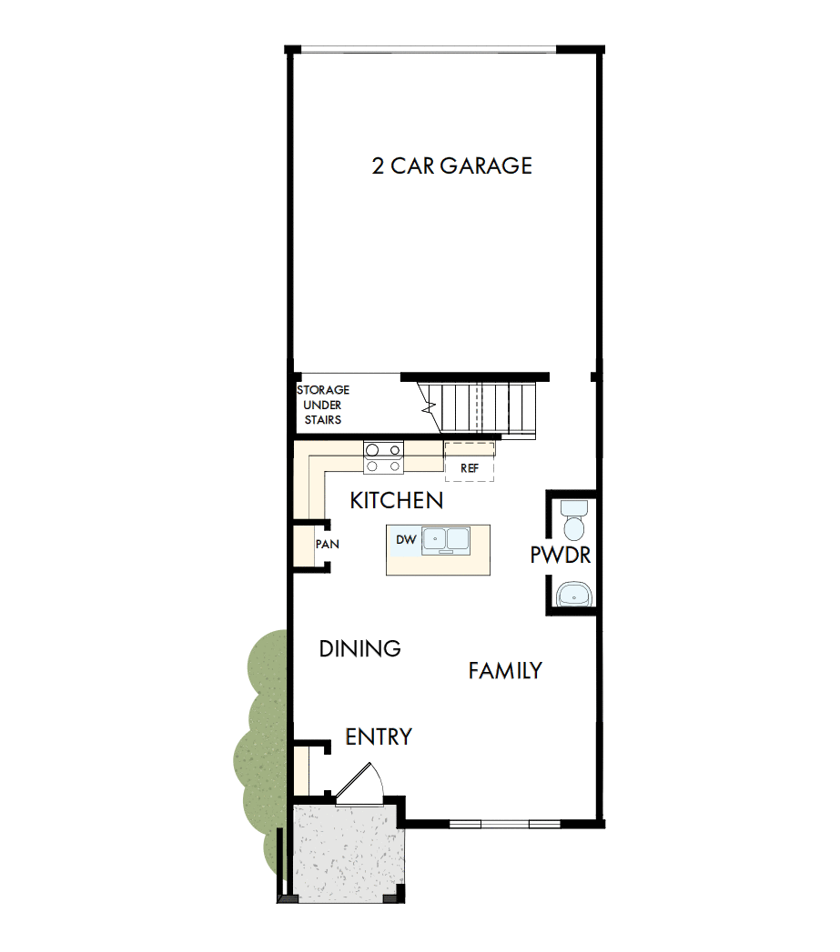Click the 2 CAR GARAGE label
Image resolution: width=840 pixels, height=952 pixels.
(451, 165)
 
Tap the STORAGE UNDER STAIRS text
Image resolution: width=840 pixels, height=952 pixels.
(323, 405)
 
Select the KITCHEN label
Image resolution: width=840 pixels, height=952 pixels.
(397, 500)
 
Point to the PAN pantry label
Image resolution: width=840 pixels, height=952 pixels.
(327, 545)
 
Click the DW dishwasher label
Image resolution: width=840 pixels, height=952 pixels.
(406, 540)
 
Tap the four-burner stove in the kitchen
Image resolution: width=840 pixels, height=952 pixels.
(383, 456)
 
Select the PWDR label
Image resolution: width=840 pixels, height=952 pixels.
(561, 555)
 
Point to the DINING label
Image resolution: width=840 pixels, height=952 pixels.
(360, 648)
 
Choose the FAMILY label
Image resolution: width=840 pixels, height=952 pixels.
(505, 671)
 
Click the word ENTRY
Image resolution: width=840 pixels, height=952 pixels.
(379, 737)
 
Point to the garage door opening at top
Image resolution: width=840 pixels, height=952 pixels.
(428, 48)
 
